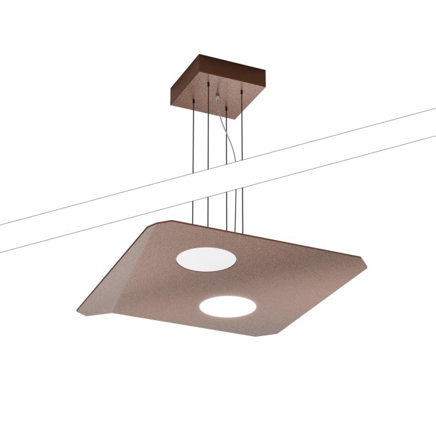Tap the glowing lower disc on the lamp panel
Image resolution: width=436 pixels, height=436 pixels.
[228, 307]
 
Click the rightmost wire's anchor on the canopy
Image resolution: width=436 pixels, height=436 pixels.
[242, 94]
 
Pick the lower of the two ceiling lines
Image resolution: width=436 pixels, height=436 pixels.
[356, 156]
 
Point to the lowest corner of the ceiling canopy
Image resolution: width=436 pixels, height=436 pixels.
[235, 119]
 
